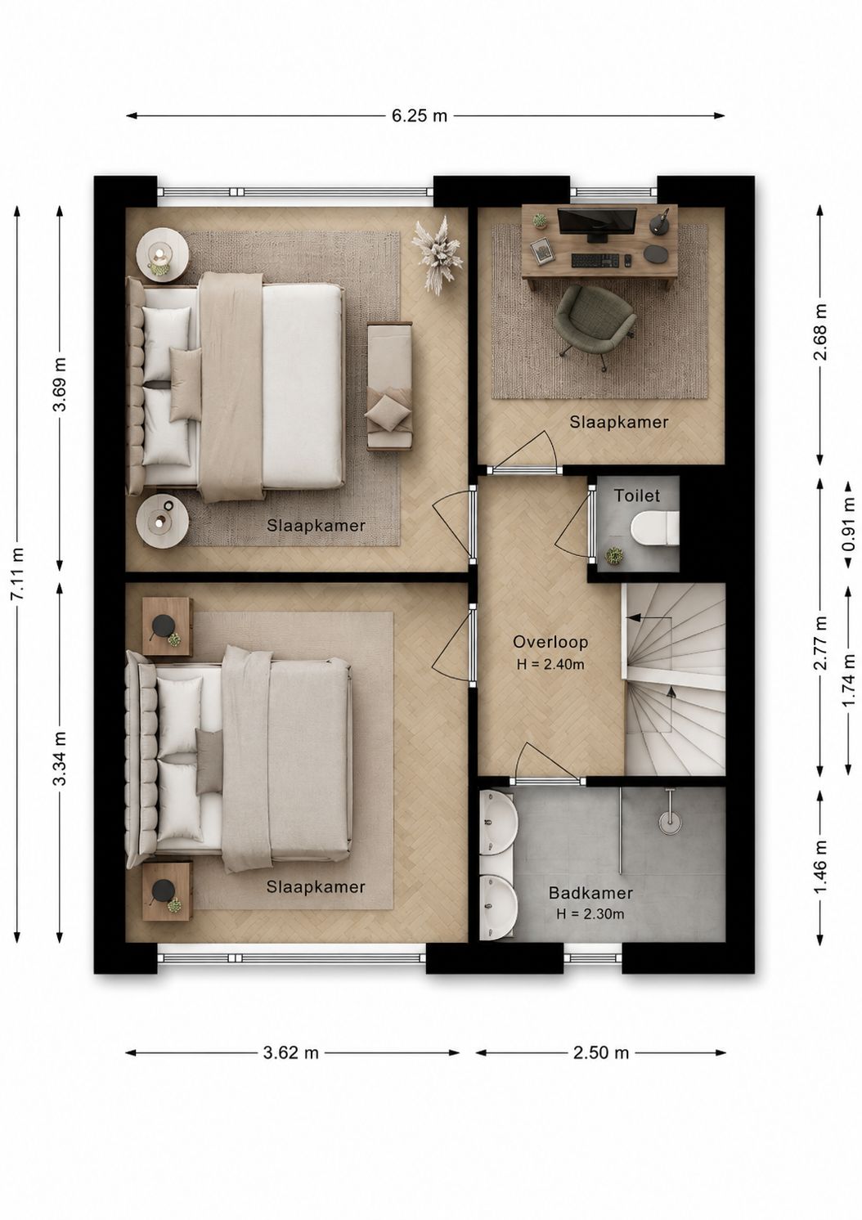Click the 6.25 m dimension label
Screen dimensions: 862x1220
[x=419, y=115]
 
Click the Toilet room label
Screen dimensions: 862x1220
[x=637, y=496]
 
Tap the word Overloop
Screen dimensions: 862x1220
[x=550, y=642]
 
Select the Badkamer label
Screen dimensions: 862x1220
[x=590, y=893]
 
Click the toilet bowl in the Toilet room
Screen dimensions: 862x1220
[x=654, y=527]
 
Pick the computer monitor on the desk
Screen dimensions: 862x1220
[x=597, y=224]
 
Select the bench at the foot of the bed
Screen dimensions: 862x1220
[x=389, y=387]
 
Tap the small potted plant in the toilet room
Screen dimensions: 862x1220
[x=615, y=555]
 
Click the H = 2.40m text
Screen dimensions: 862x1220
[x=550, y=665]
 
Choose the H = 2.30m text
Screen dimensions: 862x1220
[x=590, y=914]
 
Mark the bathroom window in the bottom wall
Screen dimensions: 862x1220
[x=592, y=957]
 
